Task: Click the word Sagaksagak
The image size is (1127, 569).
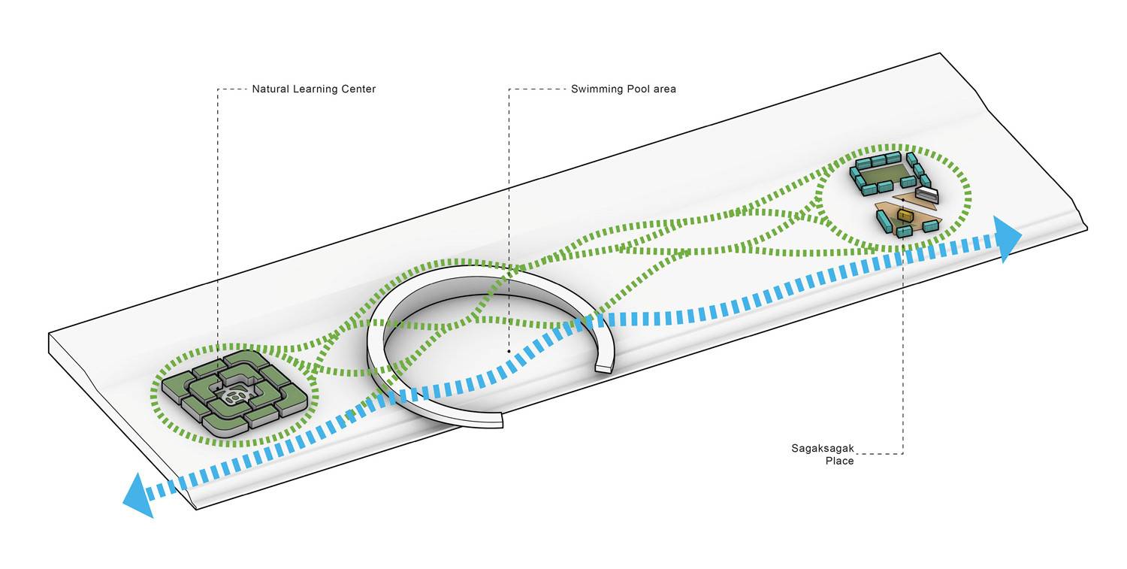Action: pos(822,449)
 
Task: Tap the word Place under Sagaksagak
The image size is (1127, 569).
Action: pos(839,461)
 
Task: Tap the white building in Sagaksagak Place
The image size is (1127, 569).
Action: pos(926,195)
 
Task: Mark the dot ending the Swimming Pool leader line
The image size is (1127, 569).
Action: pos(509,351)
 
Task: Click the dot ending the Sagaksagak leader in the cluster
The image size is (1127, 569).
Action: pos(902,200)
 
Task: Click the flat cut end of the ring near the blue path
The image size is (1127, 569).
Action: pos(603,368)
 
